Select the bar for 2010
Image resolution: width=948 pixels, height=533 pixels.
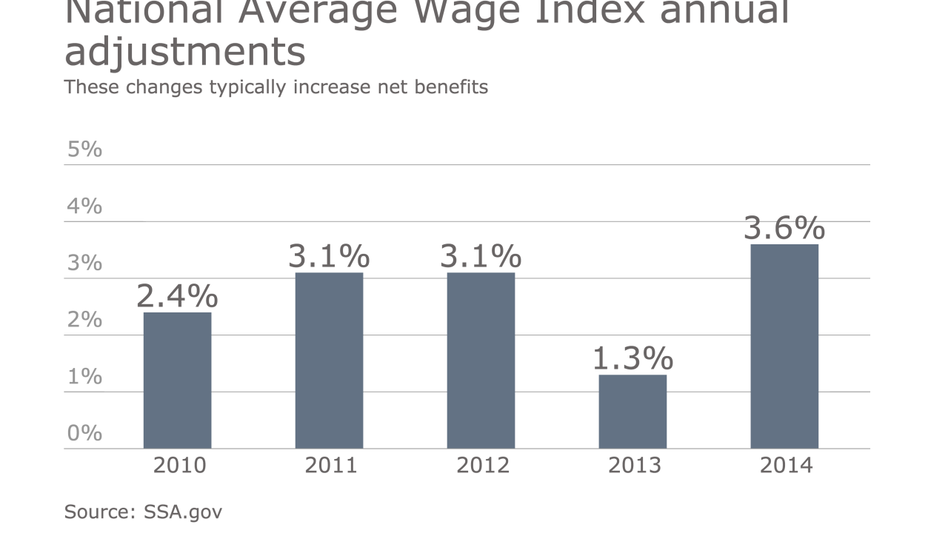tap(177, 381)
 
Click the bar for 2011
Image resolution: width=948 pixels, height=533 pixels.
tap(329, 361)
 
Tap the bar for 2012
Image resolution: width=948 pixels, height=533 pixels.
tap(481, 361)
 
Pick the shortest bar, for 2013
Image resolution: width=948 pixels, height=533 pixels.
tap(632, 412)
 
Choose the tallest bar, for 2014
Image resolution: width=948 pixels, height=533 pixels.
tap(784, 346)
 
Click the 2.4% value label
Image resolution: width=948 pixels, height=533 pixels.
tap(177, 296)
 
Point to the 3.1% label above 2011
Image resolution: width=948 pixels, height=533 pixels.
tap(329, 256)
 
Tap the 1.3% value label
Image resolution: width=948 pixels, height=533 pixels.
tap(632, 358)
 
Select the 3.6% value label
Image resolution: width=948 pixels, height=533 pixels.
tap(784, 228)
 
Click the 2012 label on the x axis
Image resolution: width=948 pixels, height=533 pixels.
tap(483, 466)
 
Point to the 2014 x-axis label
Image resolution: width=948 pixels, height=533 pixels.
tap(786, 466)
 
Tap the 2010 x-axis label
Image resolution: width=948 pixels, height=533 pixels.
tap(179, 466)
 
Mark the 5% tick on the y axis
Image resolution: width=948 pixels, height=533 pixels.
tap(84, 149)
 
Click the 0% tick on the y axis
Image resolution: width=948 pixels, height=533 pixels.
tap(84, 433)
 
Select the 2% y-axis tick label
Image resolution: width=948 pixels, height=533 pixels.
tap(84, 320)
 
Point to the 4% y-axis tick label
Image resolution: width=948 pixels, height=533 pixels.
tap(84, 206)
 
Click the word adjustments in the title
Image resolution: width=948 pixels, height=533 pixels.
tap(185, 52)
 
